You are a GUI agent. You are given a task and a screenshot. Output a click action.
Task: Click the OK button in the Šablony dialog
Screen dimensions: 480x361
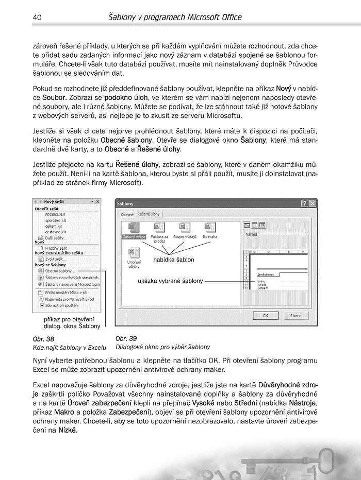tap(265, 315)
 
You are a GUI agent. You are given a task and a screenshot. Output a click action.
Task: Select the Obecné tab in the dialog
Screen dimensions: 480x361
tap(127, 214)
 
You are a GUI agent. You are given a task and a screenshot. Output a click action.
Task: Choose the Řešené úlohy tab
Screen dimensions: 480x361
tap(149, 214)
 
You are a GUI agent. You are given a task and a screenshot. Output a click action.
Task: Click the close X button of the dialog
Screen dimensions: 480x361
tap(312, 203)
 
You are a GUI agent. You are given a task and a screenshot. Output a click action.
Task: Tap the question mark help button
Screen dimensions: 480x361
tap(304, 203)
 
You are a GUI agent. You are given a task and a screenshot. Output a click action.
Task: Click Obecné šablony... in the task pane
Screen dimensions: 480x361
tap(60, 270)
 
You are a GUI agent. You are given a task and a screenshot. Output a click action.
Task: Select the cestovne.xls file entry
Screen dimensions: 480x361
tap(55, 232)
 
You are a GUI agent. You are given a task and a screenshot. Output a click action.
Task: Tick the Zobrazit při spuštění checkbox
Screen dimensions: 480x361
tap(41, 305)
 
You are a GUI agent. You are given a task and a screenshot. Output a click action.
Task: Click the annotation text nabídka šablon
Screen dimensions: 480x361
tap(174, 260)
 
